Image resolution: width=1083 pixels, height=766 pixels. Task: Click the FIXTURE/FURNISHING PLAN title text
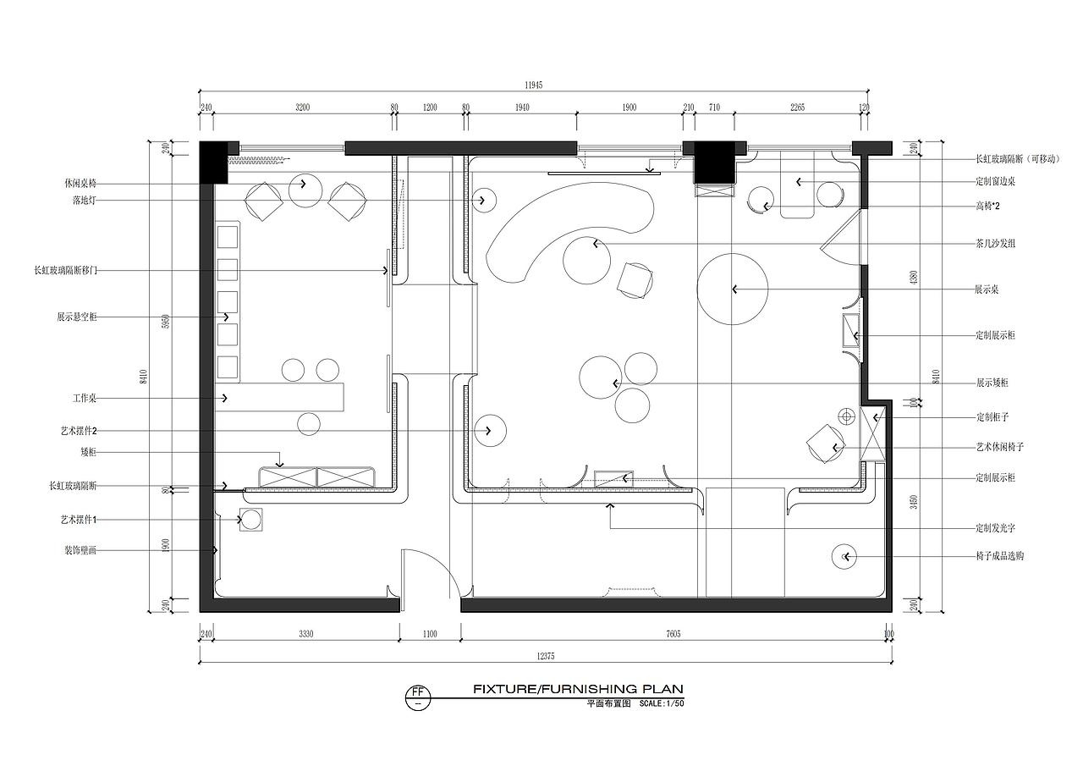tap(577, 689)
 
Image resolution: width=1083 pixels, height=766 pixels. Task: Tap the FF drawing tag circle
tap(416, 696)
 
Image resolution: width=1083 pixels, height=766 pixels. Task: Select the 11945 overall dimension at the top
tap(533, 85)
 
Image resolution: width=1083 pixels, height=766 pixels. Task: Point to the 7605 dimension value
tap(673, 633)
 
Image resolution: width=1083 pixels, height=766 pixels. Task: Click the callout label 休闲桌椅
tap(80, 183)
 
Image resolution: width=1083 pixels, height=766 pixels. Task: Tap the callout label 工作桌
tap(84, 398)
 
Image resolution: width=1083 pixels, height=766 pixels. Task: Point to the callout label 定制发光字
tap(995, 528)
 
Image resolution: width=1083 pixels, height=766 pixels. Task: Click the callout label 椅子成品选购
tap(999, 556)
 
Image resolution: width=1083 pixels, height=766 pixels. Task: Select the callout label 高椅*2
tap(988, 207)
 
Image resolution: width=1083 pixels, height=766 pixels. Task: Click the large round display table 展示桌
tap(732, 289)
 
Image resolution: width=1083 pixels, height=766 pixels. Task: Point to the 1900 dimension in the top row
tap(629, 107)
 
